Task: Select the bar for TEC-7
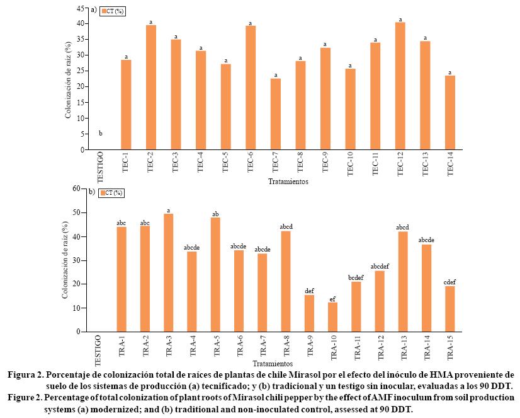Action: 276,114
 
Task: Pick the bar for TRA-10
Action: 332,317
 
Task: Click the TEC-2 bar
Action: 151,88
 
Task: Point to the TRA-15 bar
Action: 449,309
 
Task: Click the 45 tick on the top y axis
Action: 80,8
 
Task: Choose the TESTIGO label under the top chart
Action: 101,166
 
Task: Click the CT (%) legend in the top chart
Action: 113,11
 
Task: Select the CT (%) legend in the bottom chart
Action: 112,192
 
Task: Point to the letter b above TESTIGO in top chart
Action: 101,133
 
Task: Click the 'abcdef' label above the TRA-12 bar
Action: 380,265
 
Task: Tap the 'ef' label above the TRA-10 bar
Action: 332,297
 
